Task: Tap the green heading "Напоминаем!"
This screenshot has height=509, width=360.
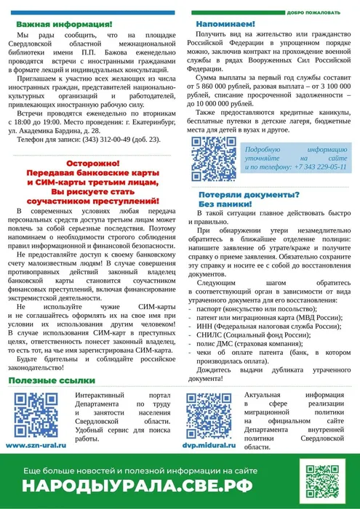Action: [225, 25]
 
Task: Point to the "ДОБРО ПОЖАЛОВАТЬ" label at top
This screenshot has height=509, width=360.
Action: [313, 12]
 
